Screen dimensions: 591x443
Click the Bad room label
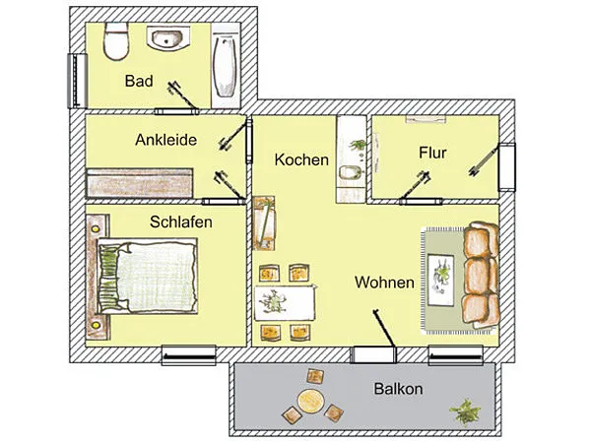click(139, 81)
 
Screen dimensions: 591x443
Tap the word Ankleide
click(165, 140)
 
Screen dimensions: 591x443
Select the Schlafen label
click(181, 221)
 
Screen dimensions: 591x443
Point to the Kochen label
click(301, 159)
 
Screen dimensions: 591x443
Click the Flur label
click(432, 153)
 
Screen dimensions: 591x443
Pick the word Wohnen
click(384, 283)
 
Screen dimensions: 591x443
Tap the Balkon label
click(398, 389)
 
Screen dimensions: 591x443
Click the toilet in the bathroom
click(116, 41)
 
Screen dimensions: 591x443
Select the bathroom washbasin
click(168, 37)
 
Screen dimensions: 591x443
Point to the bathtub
click(226, 66)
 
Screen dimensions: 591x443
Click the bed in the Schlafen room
click(148, 276)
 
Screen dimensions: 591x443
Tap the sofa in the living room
click(482, 275)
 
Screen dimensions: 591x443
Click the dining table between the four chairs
click(285, 302)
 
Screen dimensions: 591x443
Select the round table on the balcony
click(311, 401)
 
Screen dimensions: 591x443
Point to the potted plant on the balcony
click(465, 411)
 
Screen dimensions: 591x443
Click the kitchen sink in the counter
click(350, 172)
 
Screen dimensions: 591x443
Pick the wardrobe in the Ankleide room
click(140, 183)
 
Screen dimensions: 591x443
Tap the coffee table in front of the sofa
click(441, 280)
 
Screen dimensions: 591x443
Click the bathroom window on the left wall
click(77, 81)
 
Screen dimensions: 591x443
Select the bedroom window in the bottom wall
click(189, 355)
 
